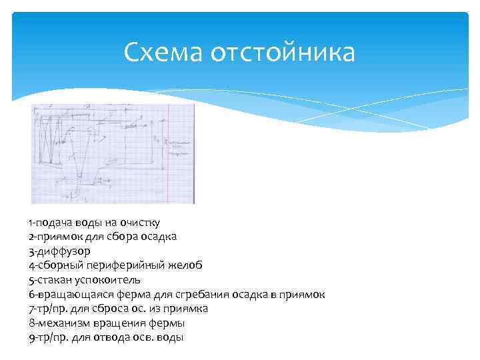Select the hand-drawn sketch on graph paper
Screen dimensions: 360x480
(112, 153)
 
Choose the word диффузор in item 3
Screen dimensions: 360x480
(62, 251)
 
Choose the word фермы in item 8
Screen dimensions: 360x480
(169, 323)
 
